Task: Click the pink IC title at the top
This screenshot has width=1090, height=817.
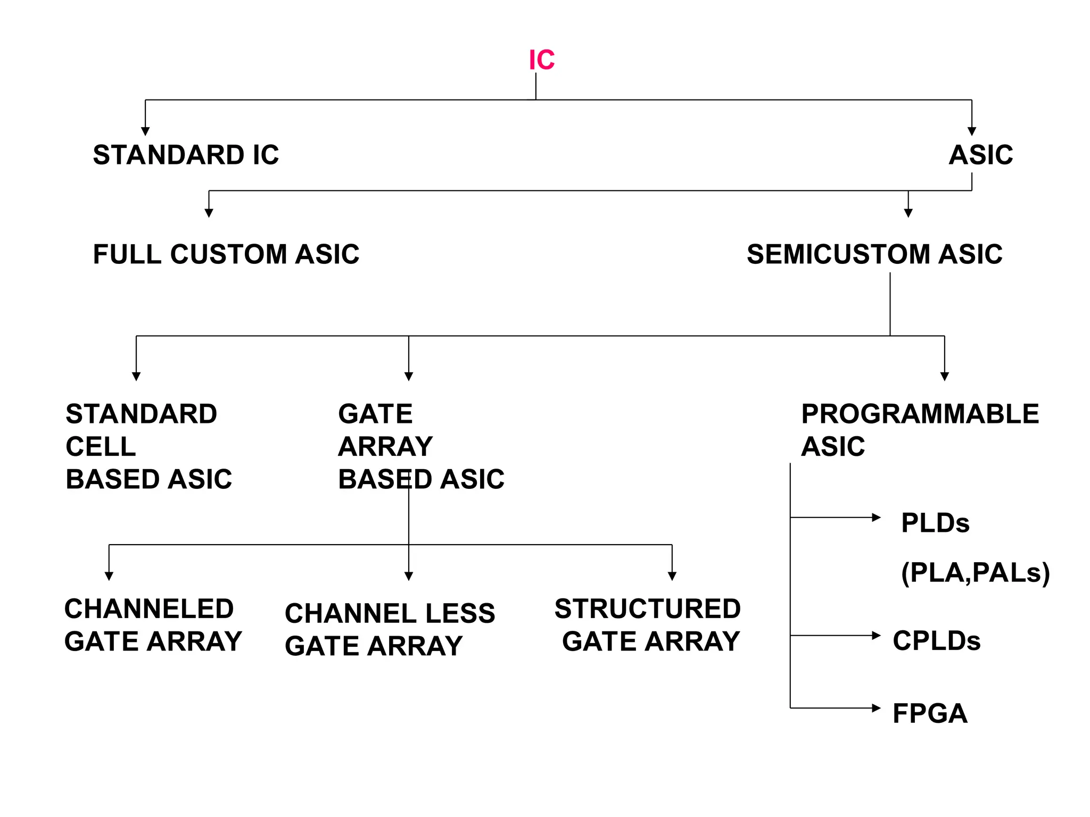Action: pos(541,60)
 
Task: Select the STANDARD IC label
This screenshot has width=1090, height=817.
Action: pos(186,155)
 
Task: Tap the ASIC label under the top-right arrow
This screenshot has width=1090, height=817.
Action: pos(980,155)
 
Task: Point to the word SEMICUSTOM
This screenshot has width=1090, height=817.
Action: pos(838,254)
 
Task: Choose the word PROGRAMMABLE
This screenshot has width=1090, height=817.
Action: pos(920,414)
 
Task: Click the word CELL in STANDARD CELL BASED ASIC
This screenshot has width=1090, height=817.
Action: pos(101,446)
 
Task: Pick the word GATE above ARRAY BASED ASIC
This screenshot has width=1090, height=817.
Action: pos(375,414)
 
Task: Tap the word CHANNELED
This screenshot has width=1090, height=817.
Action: pos(149,608)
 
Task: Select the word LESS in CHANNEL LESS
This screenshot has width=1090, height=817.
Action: pos(460,613)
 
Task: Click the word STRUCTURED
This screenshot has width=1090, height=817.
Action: pos(647,608)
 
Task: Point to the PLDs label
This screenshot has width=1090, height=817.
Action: pos(935,523)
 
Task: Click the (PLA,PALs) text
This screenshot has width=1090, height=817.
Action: pos(975,573)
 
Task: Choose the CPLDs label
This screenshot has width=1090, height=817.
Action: pos(936,640)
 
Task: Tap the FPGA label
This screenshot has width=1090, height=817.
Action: pos(929,713)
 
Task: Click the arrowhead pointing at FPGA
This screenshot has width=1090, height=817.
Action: pos(876,708)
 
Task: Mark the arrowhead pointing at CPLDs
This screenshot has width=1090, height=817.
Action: pos(876,635)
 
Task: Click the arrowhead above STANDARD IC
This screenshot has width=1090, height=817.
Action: pos(145,131)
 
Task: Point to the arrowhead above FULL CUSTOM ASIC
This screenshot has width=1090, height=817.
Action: pos(209,213)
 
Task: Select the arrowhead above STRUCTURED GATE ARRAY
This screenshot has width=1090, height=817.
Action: pos(672,576)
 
